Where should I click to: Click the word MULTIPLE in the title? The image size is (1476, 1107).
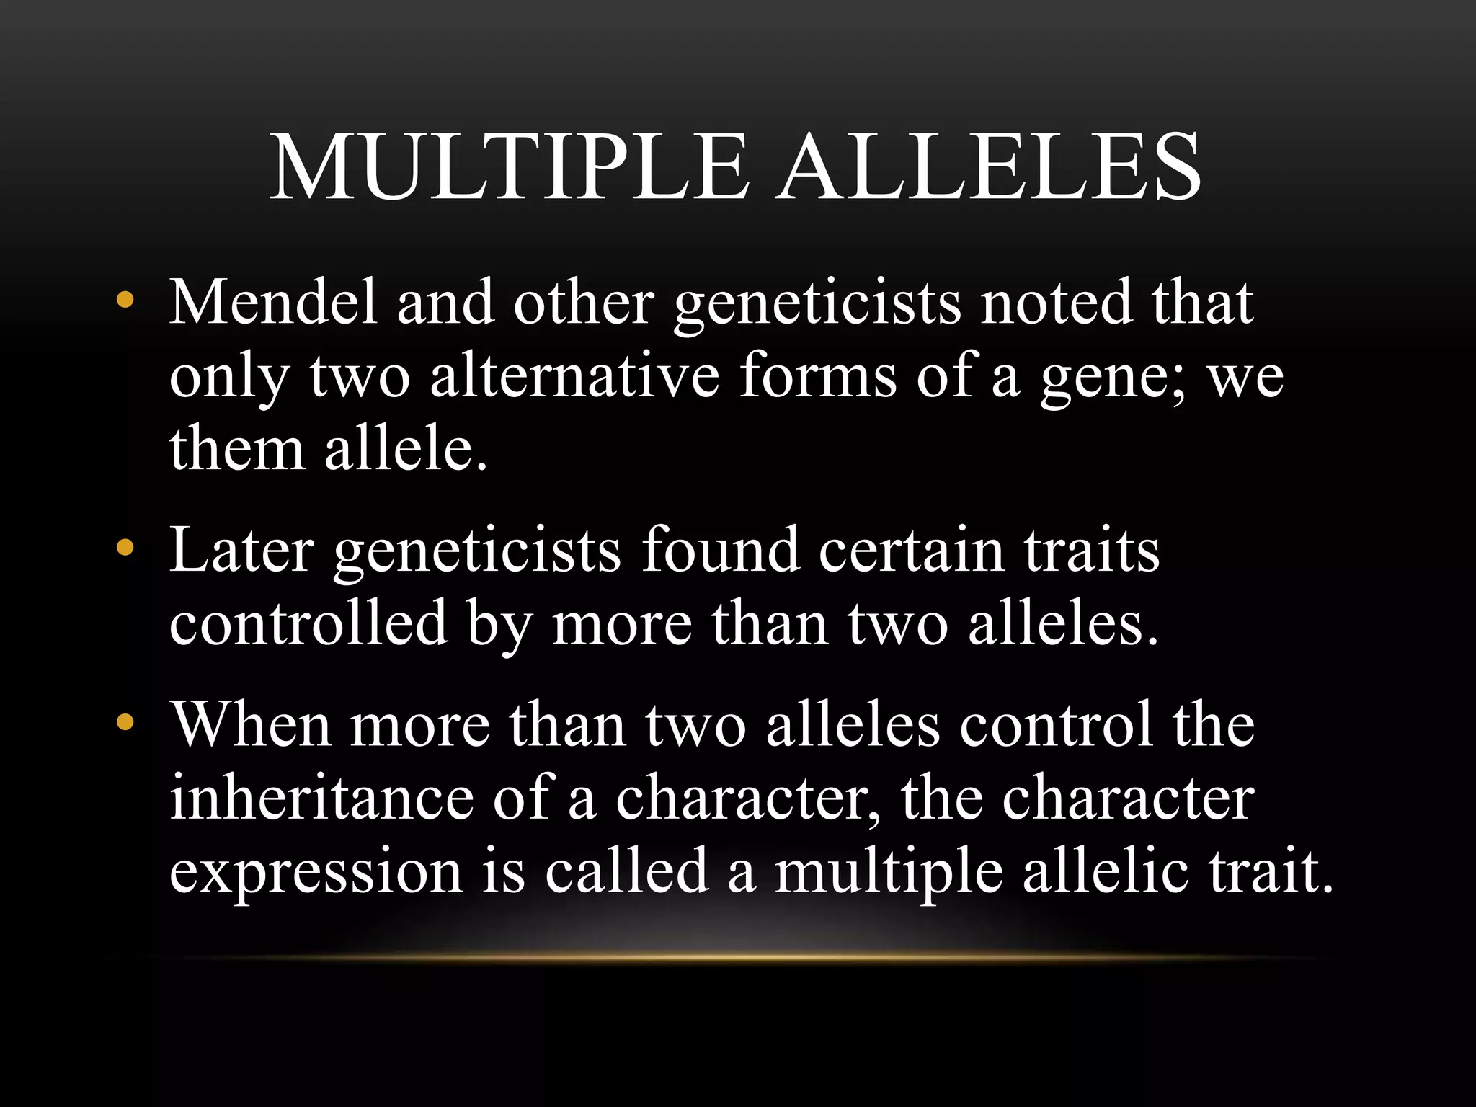[x=509, y=167]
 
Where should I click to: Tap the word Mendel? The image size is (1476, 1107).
[x=274, y=303]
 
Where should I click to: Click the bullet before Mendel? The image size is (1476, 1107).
[x=125, y=301]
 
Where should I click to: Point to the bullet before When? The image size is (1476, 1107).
[x=125, y=723]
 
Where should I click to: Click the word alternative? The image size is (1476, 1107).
[x=574, y=376]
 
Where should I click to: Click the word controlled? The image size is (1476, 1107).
[x=308, y=624]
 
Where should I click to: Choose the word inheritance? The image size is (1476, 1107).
[x=321, y=799]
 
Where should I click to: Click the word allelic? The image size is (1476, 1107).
[x=1106, y=871]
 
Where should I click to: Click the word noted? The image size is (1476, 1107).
[x=1057, y=303]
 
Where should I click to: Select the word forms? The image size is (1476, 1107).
[x=817, y=376]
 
